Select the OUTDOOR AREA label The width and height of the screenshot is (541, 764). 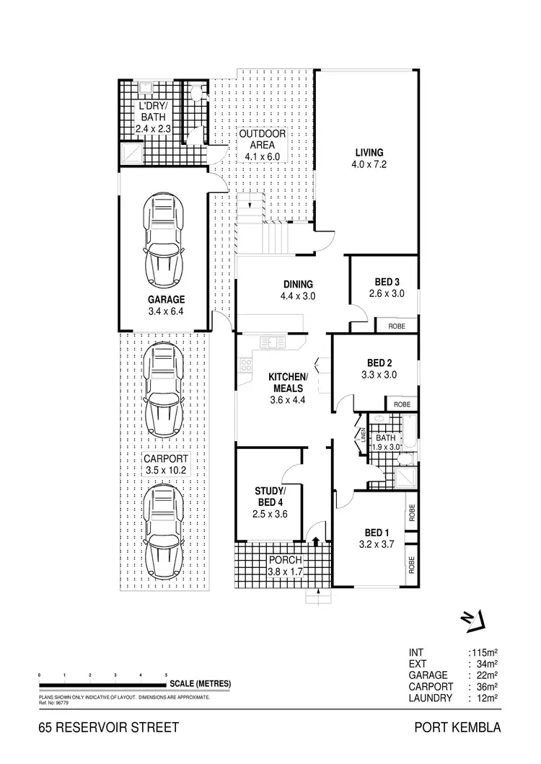point(263,139)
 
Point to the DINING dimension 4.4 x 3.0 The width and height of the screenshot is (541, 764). point(299,296)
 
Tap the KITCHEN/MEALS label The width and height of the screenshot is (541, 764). point(288,383)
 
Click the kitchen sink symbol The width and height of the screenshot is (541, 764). point(272,342)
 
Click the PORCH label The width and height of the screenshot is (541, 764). point(286,560)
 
